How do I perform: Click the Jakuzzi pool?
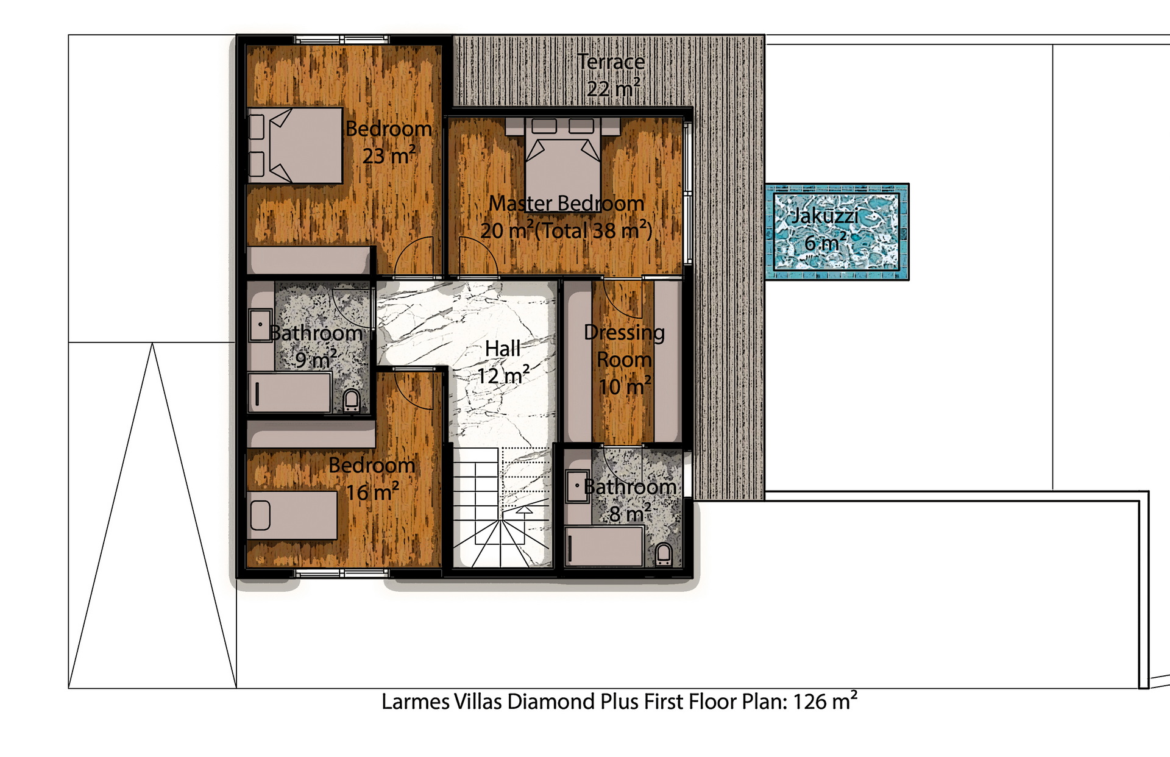[x=836, y=231]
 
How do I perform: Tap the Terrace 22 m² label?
[x=611, y=75]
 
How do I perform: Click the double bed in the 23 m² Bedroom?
[x=295, y=146]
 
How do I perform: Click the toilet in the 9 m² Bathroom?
[x=352, y=400]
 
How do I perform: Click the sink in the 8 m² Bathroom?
[x=577, y=486]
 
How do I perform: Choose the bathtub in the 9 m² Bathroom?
[x=289, y=393]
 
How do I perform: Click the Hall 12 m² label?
[x=503, y=363]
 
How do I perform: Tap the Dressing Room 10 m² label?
[x=624, y=360]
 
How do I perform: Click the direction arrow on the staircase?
[x=523, y=511]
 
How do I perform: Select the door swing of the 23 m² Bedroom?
[x=414, y=256]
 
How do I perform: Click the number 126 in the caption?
[x=810, y=702]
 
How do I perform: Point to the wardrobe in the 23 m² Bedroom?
[x=309, y=260]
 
